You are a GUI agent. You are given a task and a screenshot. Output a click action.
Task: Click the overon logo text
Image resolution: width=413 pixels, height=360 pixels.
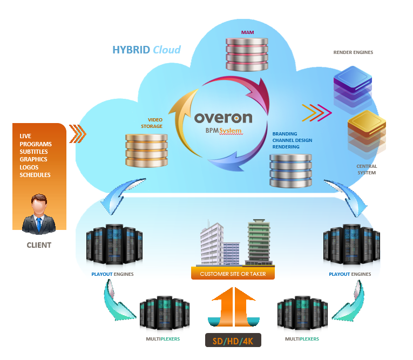point(222,117)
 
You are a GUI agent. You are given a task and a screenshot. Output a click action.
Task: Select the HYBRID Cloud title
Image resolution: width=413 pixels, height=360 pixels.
point(146,50)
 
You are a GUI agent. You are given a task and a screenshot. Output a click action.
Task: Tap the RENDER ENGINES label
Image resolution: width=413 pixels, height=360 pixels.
point(354,52)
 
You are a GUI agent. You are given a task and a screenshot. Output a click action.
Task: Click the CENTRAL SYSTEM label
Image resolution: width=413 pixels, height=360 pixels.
point(367,169)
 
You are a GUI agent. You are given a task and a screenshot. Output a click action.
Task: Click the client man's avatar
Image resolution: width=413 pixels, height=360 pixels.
point(39,214)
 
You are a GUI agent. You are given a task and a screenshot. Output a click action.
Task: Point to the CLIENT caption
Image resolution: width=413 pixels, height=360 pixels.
point(39,245)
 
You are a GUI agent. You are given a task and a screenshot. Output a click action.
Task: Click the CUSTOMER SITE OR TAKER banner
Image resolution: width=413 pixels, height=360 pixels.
point(233,274)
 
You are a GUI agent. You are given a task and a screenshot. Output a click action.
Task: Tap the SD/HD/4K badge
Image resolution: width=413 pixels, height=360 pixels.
point(233,341)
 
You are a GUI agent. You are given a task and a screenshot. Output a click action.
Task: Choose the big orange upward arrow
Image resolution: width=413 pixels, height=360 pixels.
point(233,308)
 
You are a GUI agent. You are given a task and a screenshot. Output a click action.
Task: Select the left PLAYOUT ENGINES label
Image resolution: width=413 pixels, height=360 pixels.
point(112,274)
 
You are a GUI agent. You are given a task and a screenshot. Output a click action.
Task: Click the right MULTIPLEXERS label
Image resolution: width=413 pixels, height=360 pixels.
point(302,339)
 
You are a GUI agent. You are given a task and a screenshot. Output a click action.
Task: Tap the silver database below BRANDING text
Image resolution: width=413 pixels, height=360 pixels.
point(290,170)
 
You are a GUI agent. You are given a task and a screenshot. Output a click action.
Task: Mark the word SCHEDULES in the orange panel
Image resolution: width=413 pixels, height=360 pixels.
point(35,175)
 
